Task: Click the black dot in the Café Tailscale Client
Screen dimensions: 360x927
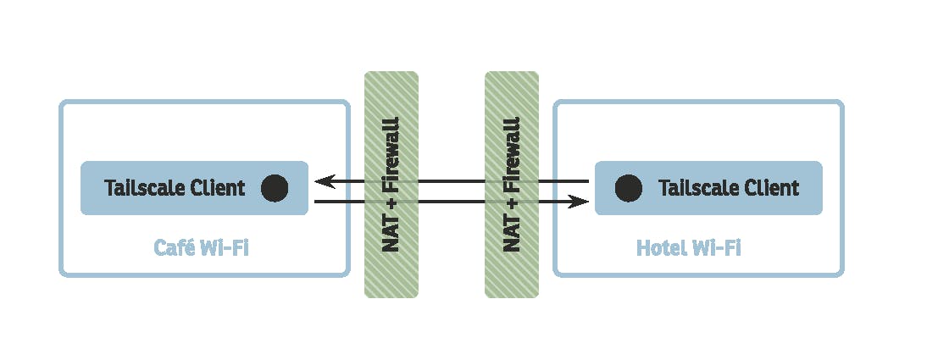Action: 275,188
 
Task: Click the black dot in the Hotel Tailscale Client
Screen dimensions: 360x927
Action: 628,188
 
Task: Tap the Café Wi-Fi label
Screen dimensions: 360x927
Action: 202,247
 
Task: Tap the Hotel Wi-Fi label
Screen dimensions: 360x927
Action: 688,247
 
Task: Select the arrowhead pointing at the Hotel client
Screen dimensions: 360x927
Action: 579,202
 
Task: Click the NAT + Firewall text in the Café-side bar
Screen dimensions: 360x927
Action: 391,185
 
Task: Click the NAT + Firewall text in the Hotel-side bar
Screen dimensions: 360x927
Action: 512,185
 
